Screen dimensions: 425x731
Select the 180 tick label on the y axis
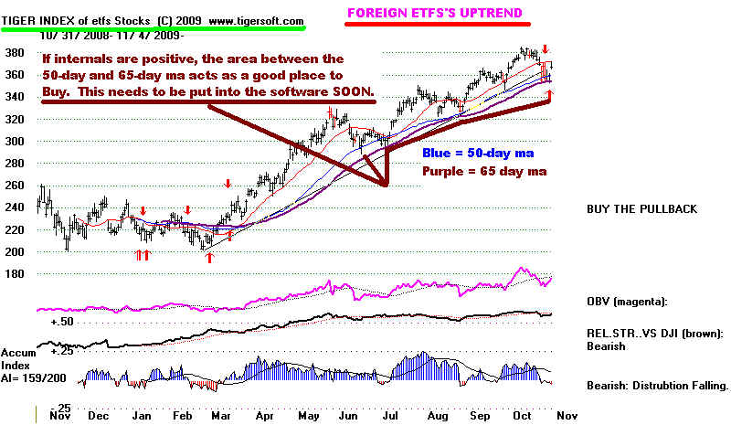pos(16,274)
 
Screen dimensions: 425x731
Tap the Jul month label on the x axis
pos(390,414)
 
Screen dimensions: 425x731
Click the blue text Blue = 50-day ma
pos(478,152)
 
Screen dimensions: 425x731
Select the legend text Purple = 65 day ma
pos(477,172)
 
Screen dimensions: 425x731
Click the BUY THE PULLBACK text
pos(641,209)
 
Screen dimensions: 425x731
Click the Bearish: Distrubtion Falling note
pos(655,387)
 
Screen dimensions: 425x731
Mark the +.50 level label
pos(62,323)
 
